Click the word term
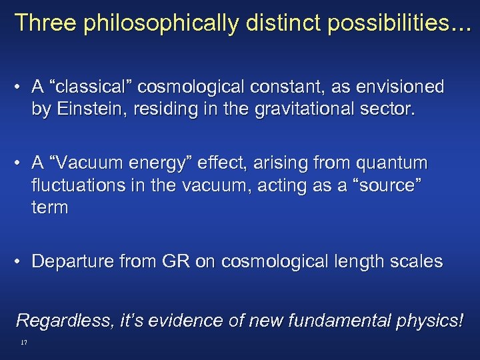(x=49, y=207)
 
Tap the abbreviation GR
(x=174, y=261)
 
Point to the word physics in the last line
(x=427, y=320)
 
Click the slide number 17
(x=23, y=342)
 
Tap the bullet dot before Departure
(x=21, y=261)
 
